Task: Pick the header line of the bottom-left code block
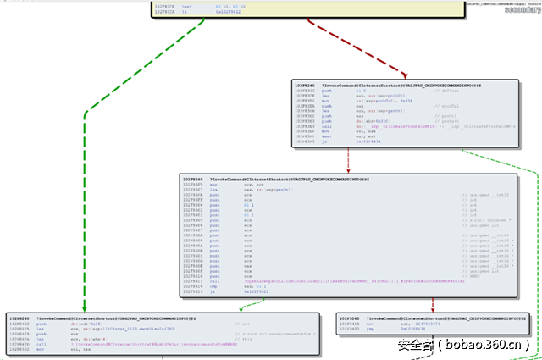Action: [x=102, y=317]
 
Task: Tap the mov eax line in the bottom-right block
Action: [x=373, y=323]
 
